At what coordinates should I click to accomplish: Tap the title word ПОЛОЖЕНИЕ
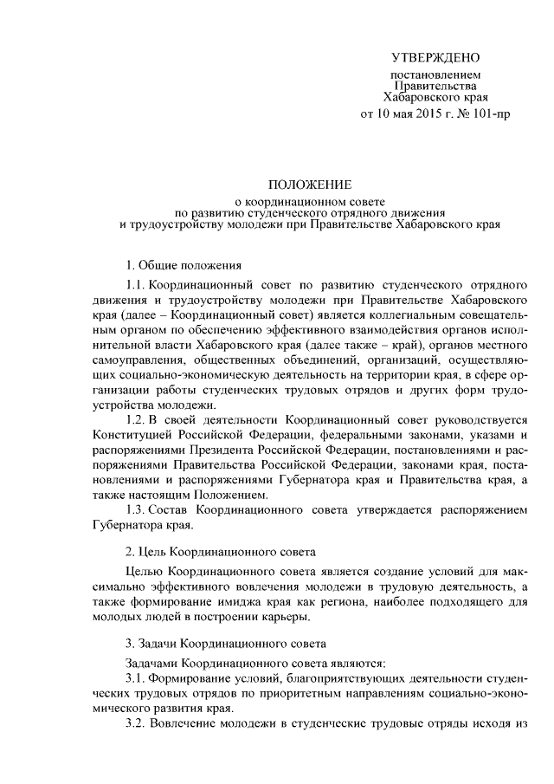[309, 185]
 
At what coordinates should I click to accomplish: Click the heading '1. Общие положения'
[184, 264]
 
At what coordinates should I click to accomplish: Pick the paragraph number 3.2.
[137, 722]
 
